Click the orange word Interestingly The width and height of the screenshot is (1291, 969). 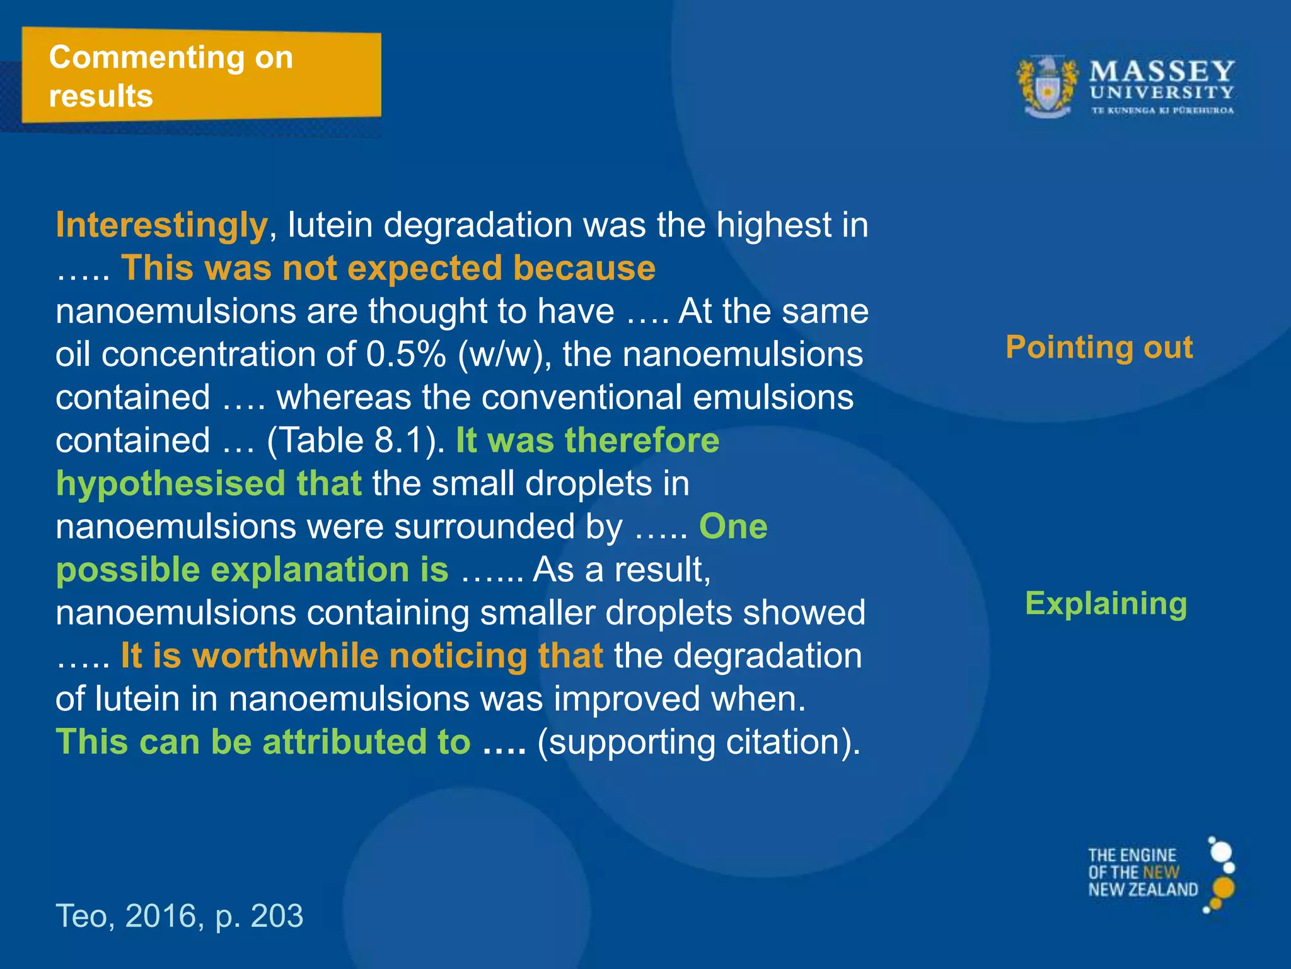tap(162, 225)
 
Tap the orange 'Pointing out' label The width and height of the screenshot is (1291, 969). tap(1099, 348)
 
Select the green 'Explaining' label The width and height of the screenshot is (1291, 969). tap(1106, 604)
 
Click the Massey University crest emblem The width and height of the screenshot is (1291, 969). tap(1047, 88)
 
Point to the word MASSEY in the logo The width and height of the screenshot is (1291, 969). tap(1162, 71)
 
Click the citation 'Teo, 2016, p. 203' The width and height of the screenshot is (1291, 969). tap(180, 915)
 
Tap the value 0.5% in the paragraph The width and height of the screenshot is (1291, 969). tap(406, 355)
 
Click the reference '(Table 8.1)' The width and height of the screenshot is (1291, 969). tap(356, 440)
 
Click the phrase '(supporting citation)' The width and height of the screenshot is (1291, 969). tap(698, 742)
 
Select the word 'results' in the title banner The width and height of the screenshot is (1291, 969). tap(101, 97)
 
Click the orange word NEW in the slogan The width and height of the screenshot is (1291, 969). tap(1161, 872)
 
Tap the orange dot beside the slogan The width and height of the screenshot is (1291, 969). tap(1223, 888)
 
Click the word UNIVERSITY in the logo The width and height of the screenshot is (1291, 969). tap(1162, 93)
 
